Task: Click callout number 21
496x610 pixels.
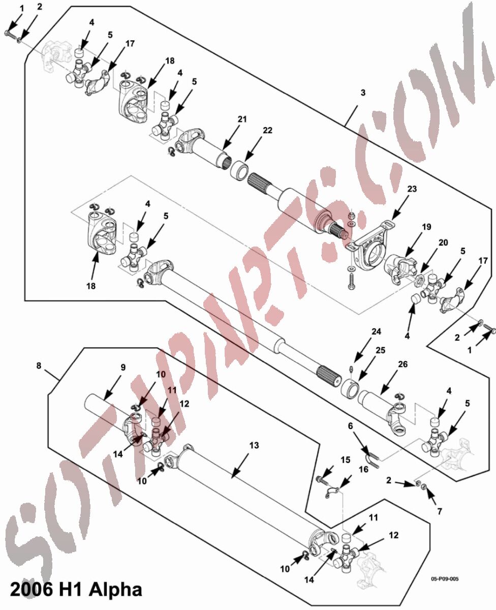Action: (242, 119)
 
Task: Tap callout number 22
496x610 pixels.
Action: (268, 130)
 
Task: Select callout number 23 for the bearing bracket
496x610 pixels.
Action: (412, 189)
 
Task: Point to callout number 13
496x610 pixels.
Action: (254, 445)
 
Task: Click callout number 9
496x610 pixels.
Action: (123, 368)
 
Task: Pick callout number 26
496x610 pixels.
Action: (402, 364)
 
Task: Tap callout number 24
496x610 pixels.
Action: (377, 331)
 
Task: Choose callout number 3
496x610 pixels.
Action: (363, 93)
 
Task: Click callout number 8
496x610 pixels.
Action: (39, 365)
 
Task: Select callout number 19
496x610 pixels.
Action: (426, 227)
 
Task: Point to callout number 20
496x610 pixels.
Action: (443, 242)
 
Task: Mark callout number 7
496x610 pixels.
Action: (440, 511)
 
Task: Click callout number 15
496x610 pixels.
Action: (346, 460)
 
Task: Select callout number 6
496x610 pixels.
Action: (351, 426)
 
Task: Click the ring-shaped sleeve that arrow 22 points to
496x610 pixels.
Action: (239, 171)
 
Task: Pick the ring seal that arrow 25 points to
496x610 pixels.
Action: (350, 390)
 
